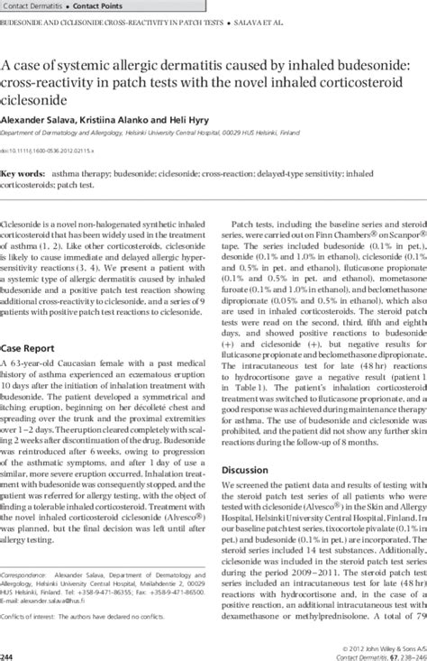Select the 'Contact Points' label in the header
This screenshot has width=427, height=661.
coord(105,5)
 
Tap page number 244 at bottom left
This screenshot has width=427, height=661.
coord(9,656)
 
